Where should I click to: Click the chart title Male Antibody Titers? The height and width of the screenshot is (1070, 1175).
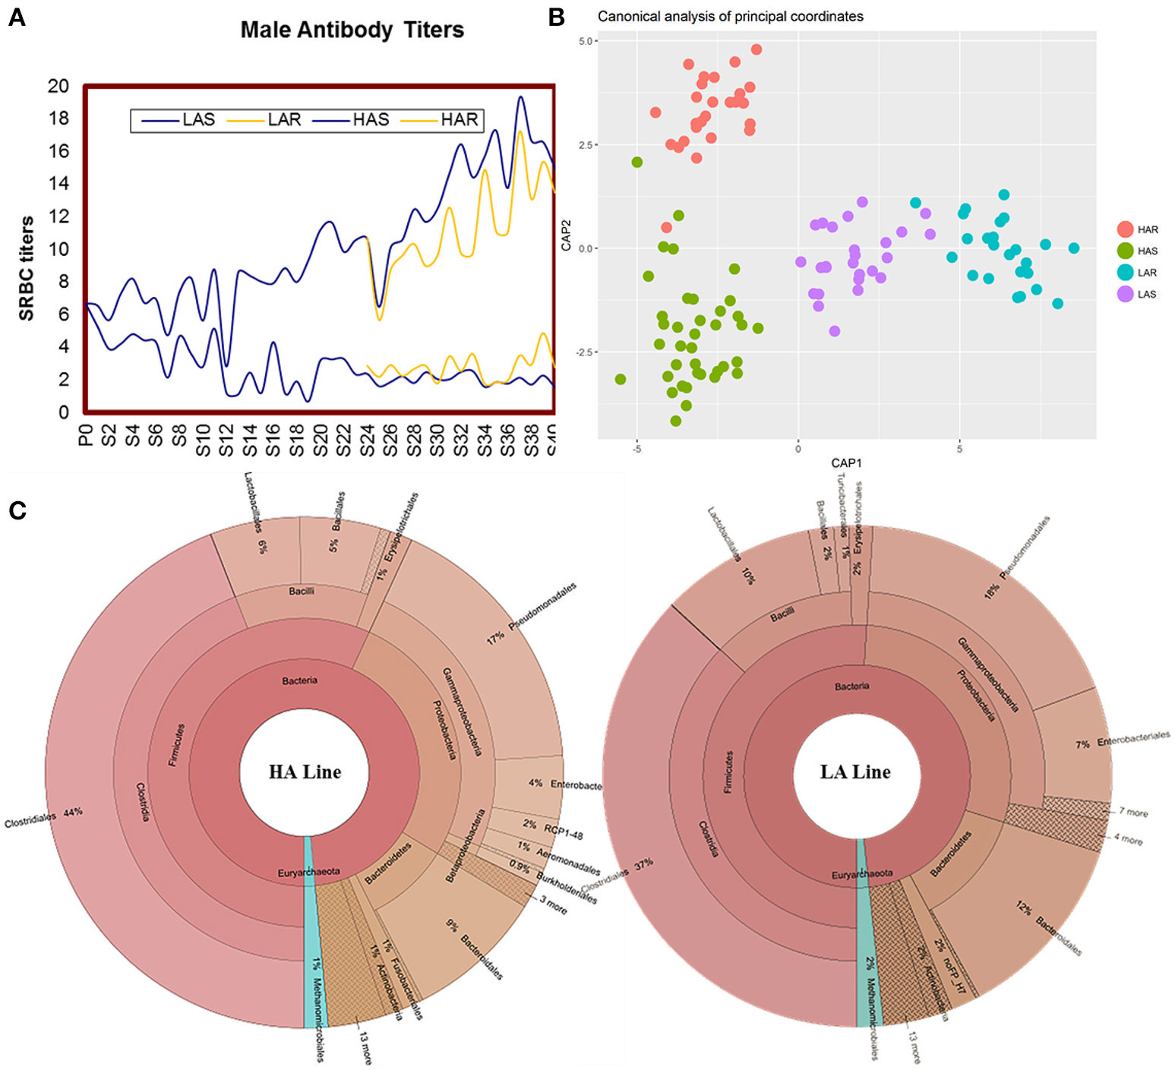point(352,30)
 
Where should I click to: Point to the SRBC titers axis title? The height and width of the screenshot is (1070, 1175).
point(27,268)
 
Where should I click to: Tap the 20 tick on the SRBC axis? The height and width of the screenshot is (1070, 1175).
point(58,86)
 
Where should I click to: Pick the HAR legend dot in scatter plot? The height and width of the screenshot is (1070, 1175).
point(1125,229)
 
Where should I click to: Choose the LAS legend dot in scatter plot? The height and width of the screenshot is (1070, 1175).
point(1125,294)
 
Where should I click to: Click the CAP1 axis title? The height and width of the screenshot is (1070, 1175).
point(846,462)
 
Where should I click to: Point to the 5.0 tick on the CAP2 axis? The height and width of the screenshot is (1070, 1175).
point(586,41)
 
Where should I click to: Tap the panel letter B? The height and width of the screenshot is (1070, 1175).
point(556,17)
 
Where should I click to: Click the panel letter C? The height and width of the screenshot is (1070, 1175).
point(17,510)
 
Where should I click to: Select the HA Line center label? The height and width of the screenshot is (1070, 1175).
point(305,772)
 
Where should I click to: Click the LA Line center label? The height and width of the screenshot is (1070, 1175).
point(855,772)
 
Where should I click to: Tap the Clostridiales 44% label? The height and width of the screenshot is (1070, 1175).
point(43,817)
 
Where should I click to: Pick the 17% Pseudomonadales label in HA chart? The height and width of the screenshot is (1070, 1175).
point(532,614)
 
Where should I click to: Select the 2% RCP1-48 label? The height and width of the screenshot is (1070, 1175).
point(553,829)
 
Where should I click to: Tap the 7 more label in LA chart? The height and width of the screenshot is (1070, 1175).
point(1133,812)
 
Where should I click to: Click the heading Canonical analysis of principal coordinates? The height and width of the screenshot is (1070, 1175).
point(730,16)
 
